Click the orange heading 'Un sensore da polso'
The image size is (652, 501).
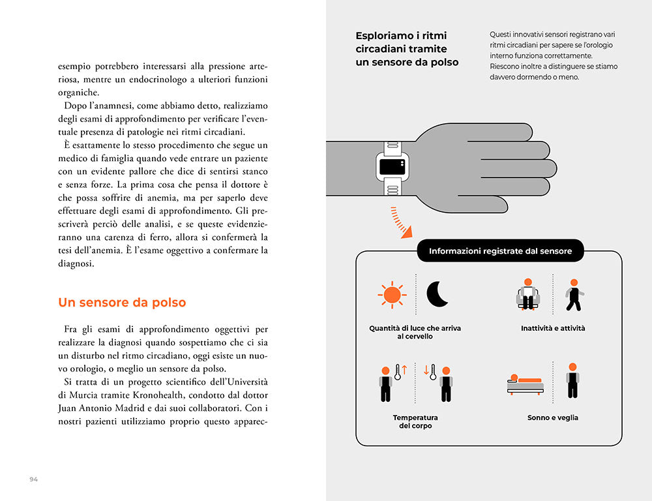tap(122, 303)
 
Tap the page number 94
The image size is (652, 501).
tap(34, 479)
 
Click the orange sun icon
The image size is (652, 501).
tap(391, 294)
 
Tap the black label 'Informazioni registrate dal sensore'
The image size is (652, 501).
tap(500, 251)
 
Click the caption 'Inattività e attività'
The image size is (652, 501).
tap(553, 328)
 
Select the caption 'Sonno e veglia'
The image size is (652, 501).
tap(552, 417)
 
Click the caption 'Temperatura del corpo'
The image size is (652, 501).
tap(415, 421)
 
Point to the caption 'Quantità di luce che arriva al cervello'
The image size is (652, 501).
tap(415, 332)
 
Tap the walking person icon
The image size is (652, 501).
tap(574, 295)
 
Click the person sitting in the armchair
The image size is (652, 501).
tap(528, 295)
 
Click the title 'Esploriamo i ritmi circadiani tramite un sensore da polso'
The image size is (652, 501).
tap(407, 49)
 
